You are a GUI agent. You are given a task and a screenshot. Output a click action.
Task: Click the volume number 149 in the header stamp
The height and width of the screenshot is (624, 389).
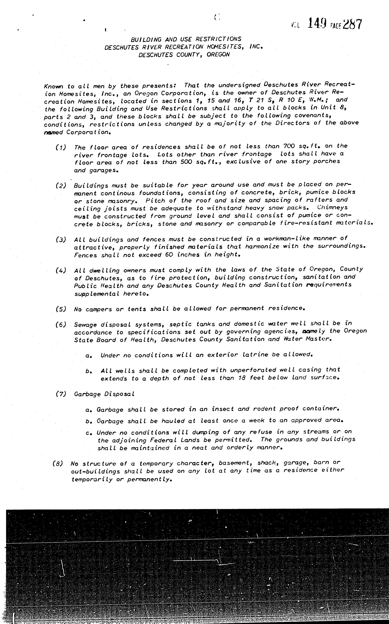(317, 24)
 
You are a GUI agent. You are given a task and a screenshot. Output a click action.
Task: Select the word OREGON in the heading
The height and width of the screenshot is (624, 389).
(218, 55)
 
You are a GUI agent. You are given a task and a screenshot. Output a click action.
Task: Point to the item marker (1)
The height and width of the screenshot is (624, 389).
(61, 147)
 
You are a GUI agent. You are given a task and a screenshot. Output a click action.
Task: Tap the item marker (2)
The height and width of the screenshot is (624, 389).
(61, 186)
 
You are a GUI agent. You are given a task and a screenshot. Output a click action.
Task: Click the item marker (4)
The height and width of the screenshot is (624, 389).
(61, 270)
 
